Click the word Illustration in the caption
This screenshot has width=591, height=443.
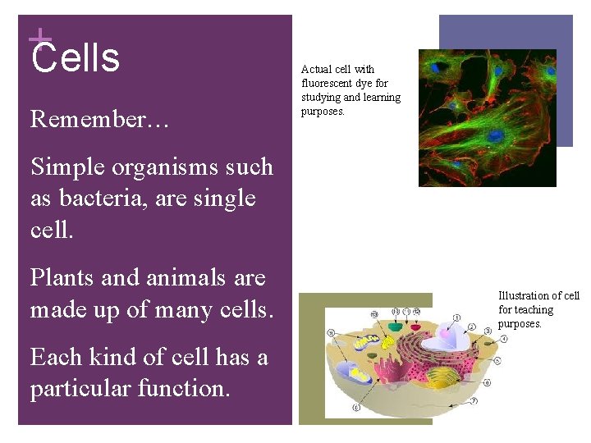524,295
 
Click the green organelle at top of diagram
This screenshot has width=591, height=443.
396,327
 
